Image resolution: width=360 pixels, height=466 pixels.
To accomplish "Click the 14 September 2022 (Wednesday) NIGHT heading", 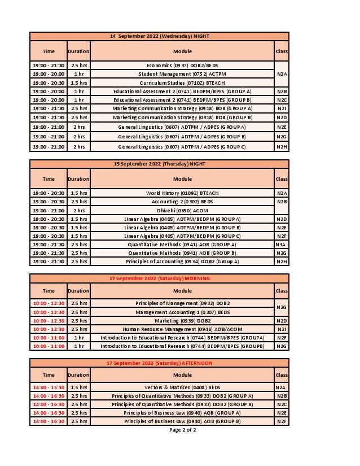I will coord(159,36).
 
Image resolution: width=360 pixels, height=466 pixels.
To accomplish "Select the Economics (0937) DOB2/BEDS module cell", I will coord(182,66).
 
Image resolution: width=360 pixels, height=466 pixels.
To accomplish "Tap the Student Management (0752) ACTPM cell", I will coord(182,74).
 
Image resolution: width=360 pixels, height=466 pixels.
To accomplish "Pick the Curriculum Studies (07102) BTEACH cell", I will coord(182,82).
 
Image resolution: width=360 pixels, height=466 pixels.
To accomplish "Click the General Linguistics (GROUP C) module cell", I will coord(182,147).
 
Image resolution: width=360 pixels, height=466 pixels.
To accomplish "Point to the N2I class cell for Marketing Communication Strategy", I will coord(282,108).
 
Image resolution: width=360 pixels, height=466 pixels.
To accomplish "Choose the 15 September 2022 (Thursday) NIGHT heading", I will coord(159,164).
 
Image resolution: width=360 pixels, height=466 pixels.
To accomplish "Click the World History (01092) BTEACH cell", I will coord(182,193).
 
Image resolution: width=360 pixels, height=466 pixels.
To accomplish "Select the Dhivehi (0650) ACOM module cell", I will coord(182,210).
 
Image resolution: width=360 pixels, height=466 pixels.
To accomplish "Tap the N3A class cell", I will coord(282,245).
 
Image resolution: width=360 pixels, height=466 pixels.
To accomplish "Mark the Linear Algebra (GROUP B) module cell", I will coord(182,227).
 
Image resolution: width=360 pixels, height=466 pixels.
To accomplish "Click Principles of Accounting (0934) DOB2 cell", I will coord(182,262).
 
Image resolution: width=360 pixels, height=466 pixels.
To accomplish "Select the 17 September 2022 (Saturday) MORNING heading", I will coord(159,278).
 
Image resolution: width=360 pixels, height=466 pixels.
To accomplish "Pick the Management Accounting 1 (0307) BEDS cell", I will coord(182,312).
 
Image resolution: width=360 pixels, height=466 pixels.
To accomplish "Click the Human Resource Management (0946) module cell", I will coord(182,329).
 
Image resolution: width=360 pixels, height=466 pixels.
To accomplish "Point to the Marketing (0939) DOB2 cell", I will coord(182,320).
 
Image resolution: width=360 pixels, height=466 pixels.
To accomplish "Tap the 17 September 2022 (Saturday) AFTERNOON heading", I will coord(159,363).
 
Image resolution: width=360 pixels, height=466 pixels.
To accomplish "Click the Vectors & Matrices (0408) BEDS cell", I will coord(182,387).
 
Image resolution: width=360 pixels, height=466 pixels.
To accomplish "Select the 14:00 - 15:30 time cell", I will coord(49,387).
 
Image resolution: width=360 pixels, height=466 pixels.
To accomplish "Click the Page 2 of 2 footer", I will coord(182,430).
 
